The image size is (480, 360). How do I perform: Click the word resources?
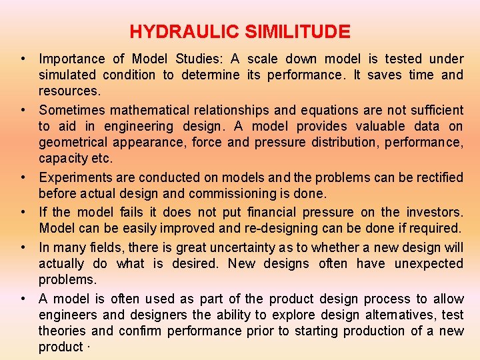(x=69, y=91)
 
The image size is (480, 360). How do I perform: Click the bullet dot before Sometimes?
(x=23, y=109)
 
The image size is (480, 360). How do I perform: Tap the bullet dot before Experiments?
(x=23, y=177)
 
